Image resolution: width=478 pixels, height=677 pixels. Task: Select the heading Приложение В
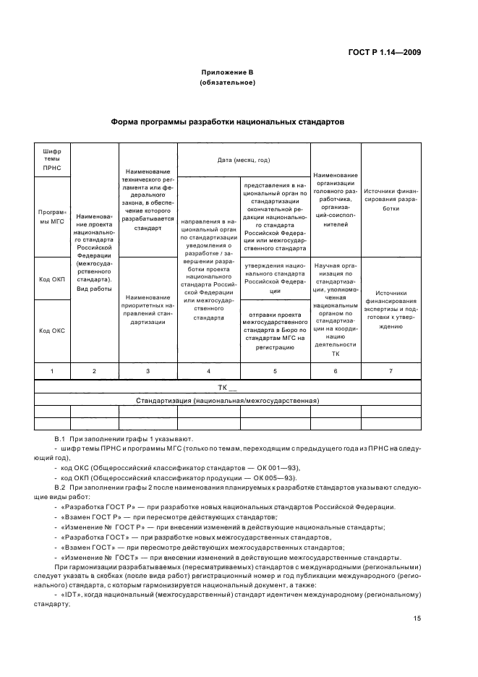(x=227, y=74)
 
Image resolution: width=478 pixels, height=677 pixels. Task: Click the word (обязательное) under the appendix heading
(x=227, y=83)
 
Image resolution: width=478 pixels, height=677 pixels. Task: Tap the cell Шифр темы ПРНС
(x=52, y=160)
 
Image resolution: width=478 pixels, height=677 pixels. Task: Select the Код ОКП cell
(x=52, y=278)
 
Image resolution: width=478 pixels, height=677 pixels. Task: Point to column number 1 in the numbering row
(x=52, y=371)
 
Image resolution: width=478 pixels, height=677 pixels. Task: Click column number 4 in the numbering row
(x=208, y=371)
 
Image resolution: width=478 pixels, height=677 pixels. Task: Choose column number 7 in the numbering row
(x=390, y=371)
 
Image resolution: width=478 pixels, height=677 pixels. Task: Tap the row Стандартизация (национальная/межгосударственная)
(x=227, y=400)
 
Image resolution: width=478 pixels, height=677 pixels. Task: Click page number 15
(x=417, y=618)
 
